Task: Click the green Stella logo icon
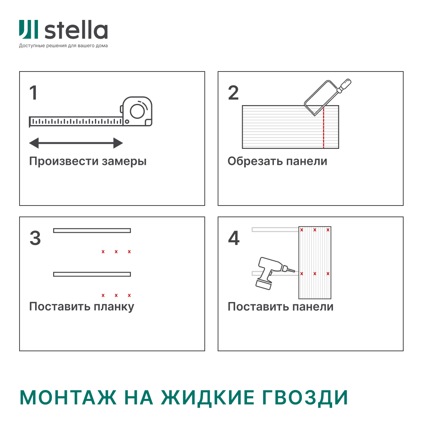29,30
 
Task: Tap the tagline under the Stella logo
63,46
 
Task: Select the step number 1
34,93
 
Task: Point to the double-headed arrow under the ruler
76,143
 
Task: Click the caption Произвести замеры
88,161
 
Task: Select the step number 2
233,93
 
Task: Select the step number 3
35,238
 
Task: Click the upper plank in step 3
92,231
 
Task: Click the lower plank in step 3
92,274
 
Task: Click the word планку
114,307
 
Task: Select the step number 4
234,238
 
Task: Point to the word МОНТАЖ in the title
68,398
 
